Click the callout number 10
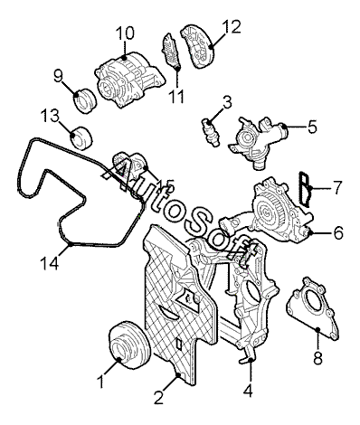(125, 33)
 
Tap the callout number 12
(232, 27)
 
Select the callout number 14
(49, 264)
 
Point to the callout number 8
(318, 358)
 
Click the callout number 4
(248, 391)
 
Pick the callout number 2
(158, 397)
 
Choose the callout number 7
(336, 187)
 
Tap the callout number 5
(313, 127)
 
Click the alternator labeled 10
(130, 79)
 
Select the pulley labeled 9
(85, 100)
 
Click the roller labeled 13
(81, 137)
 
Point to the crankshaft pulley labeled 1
(128, 345)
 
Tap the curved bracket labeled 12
(197, 46)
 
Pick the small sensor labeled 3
(211, 133)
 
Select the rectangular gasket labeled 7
(304, 190)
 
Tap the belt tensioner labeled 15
(129, 165)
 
